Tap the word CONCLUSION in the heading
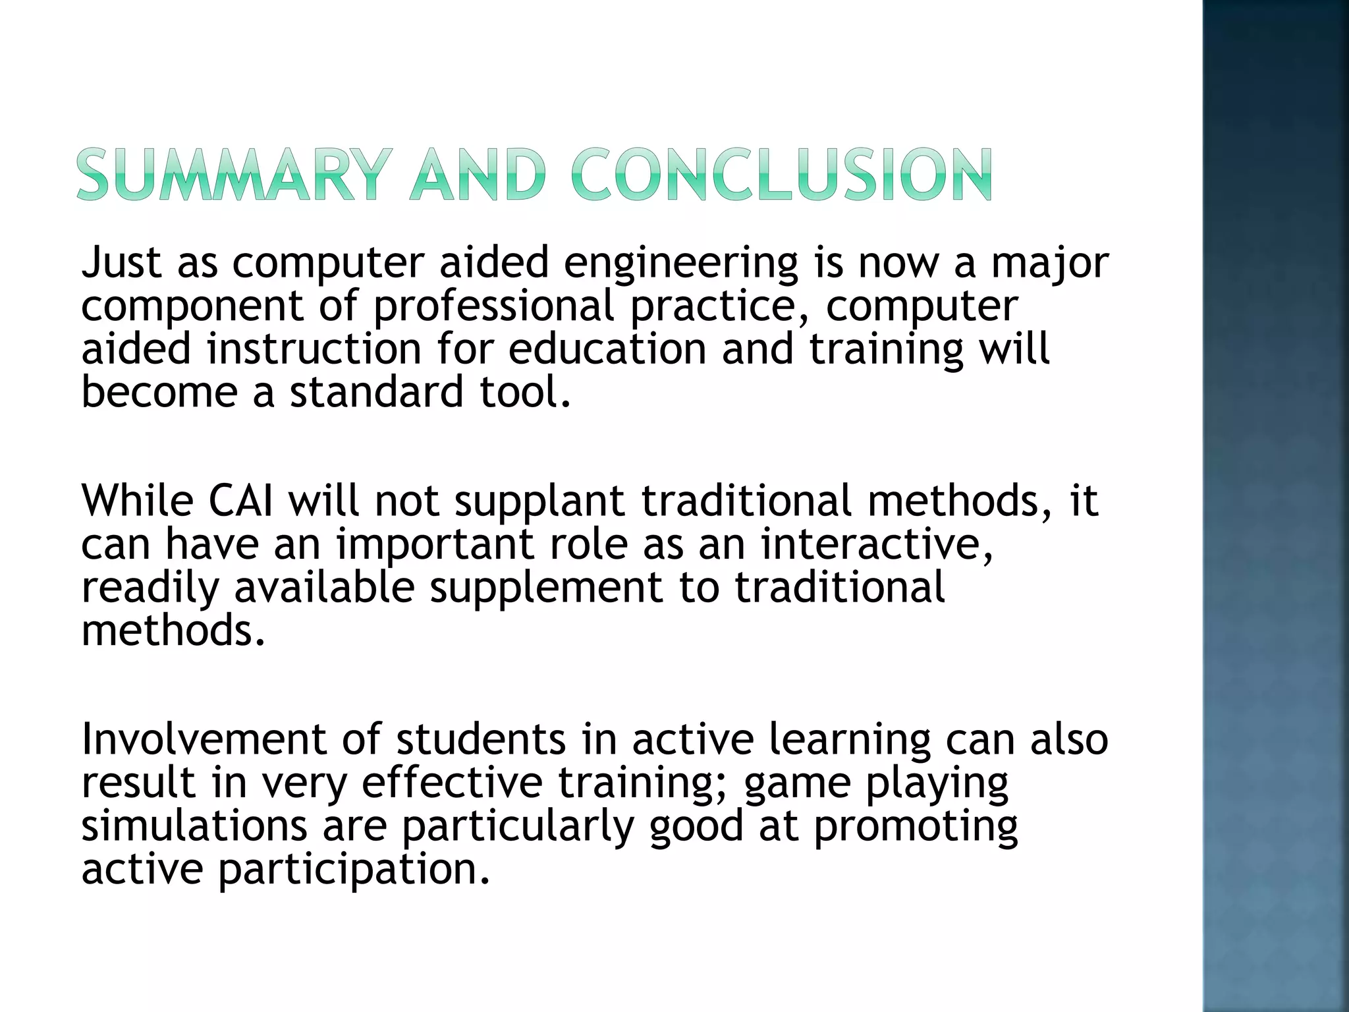[781, 175]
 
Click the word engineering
[681, 264]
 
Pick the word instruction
[314, 349]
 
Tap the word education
[607, 349]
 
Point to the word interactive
[877, 545]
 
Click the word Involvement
[203, 739]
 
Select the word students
[481, 739]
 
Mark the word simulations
[194, 826]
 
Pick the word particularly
[518, 827]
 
